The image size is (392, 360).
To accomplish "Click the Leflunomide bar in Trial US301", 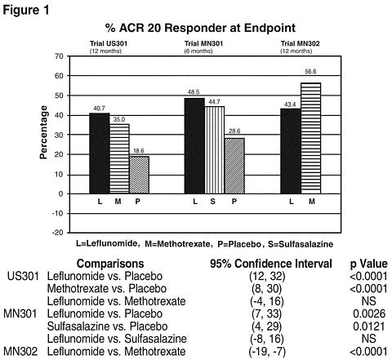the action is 100,153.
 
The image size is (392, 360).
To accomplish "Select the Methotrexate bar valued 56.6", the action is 311,138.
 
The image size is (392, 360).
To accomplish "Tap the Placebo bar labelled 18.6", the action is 139,175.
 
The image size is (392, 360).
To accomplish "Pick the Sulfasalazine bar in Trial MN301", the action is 215,150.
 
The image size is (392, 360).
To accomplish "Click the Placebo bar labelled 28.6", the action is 234,166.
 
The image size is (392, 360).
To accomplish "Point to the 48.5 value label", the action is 194,92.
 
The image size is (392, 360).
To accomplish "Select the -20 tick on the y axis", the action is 58,233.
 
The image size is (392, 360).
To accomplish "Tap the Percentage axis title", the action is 43,132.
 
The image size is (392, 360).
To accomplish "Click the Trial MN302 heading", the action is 301,43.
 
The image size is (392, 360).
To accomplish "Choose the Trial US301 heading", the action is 109,43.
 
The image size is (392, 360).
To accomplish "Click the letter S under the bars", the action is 213,202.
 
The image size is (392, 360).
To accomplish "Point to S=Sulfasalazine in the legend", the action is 301,244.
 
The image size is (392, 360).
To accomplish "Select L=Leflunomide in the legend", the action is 106,243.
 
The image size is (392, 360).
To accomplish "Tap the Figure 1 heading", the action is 26,11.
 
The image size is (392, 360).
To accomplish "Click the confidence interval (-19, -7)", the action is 267,351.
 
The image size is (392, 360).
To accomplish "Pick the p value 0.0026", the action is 369,313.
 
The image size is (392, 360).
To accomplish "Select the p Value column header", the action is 369,264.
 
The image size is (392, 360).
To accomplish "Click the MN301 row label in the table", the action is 20,313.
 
